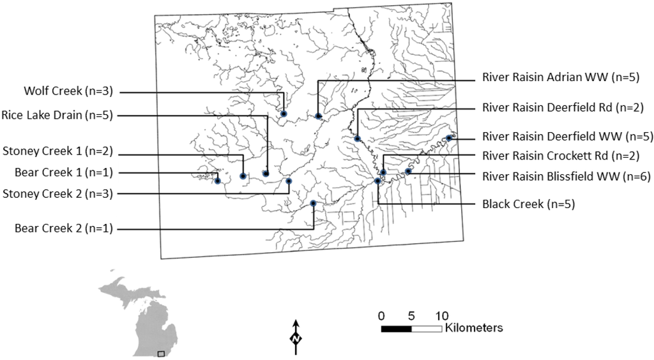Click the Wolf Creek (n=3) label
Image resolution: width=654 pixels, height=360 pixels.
pos(68,92)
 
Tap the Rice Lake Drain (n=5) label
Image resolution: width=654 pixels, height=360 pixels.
pos(57,116)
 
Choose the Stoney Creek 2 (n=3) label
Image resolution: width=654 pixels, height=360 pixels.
pos(57,193)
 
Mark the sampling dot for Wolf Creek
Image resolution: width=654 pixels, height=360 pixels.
pos(283,114)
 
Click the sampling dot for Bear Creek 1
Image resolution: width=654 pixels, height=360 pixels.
pos(218,181)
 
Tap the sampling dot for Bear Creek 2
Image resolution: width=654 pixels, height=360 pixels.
pos(313,203)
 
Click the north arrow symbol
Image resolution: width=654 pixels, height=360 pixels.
pos(296,336)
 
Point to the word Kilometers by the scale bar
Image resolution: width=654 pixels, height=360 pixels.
pos(474,328)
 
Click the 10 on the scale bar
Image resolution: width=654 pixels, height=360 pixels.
pos(442,315)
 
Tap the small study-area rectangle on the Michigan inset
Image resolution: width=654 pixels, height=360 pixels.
pos(161,353)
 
